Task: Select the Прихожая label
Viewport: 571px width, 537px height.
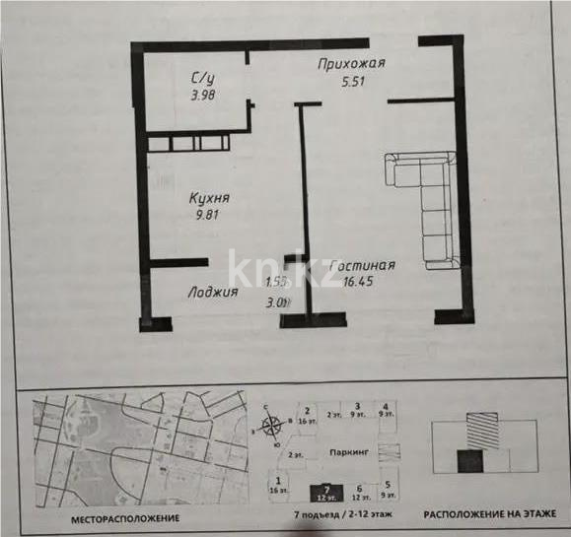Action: coord(350,65)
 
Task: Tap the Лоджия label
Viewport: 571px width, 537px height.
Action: coord(212,292)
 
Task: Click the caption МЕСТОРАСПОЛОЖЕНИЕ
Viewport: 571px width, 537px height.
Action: coord(124,516)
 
